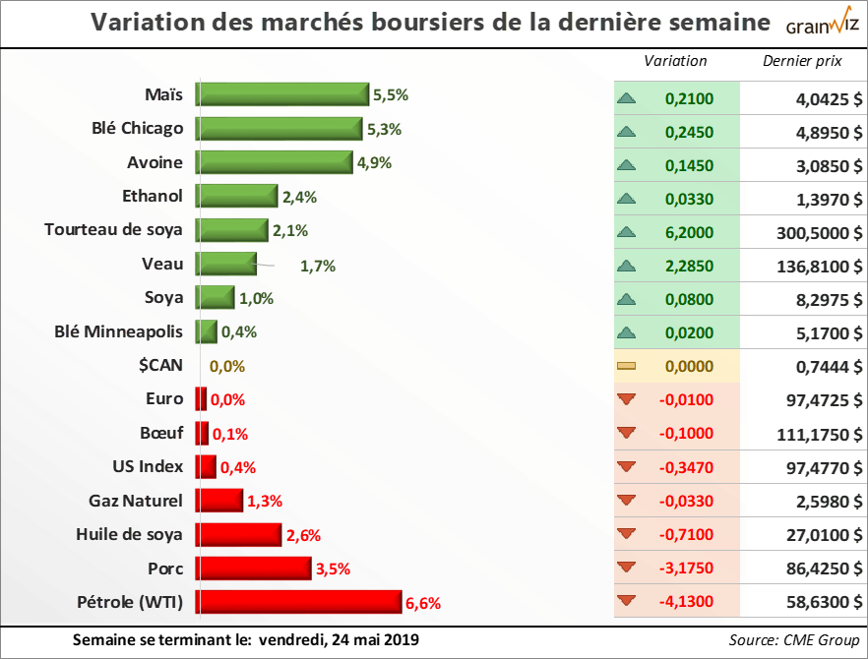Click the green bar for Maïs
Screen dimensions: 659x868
[x=282, y=95]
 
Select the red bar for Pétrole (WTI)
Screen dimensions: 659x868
[x=298, y=602]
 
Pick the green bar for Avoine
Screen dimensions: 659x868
[x=274, y=162]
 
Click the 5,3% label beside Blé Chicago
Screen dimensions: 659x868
[x=385, y=129]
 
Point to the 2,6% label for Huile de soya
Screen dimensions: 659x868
[x=303, y=535]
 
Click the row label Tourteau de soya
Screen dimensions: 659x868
[x=113, y=230]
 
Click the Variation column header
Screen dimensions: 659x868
[x=675, y=61]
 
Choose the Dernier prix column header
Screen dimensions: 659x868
[x=802, y=61]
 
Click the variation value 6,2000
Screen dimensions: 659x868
[x=689, y=232]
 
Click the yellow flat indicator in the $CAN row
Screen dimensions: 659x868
[x=626, y=366]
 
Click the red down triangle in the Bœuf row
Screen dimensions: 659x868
[x=626, y=434]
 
